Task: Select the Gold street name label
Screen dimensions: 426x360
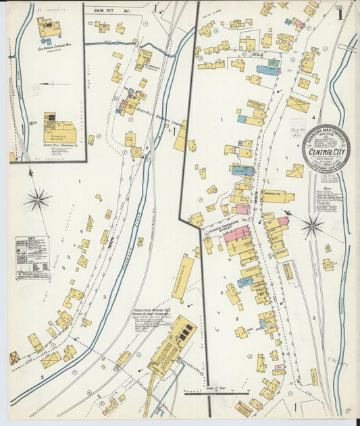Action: pyautogui.click(x=256, y=53)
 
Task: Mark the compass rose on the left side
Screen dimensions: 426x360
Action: pyautogui.click(x=37, y=199)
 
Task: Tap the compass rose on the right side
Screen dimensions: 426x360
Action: pyautogui.click(x=312, y=226)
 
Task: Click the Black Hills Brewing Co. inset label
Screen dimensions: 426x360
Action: pyautogui.click(x=61, y=144)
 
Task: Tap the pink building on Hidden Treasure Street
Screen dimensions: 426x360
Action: pyautogui.click(x=236, y=234)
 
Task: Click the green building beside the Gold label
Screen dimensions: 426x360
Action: pyautogui.click(x=273, y=63)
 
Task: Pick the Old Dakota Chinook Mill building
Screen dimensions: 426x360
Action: pyautogui.click(x=49, y=28)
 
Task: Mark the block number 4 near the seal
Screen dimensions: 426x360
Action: pyautogui.click(x=313, y=117)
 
